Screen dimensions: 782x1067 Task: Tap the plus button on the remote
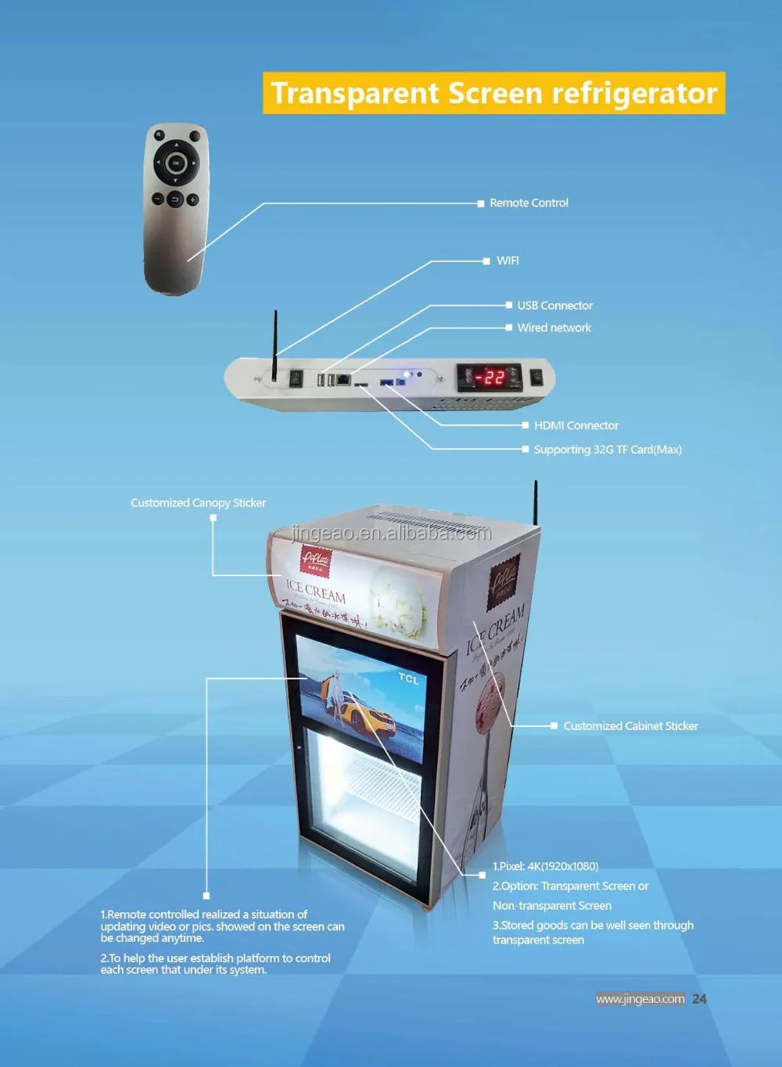(192, 199)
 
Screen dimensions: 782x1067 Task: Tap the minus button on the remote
(157, 199)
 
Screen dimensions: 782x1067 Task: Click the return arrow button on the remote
(174, 200)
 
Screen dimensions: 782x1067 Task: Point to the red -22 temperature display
(490, 377)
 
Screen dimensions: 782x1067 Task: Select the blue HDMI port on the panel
(386, 381)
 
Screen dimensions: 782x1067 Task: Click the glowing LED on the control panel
(407, 374)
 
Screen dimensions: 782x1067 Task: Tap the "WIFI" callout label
(508, 260)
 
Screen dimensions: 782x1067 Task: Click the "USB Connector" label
(554, 306)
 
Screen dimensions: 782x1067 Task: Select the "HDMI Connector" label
(576, 425)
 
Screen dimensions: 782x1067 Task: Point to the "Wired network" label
(554, 328)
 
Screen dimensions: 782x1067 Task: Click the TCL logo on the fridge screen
(408, 679)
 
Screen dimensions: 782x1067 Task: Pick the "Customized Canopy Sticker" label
(198, 503)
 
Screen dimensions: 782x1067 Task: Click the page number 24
(699, 998)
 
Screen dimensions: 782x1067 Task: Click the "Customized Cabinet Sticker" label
(630, 726)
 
